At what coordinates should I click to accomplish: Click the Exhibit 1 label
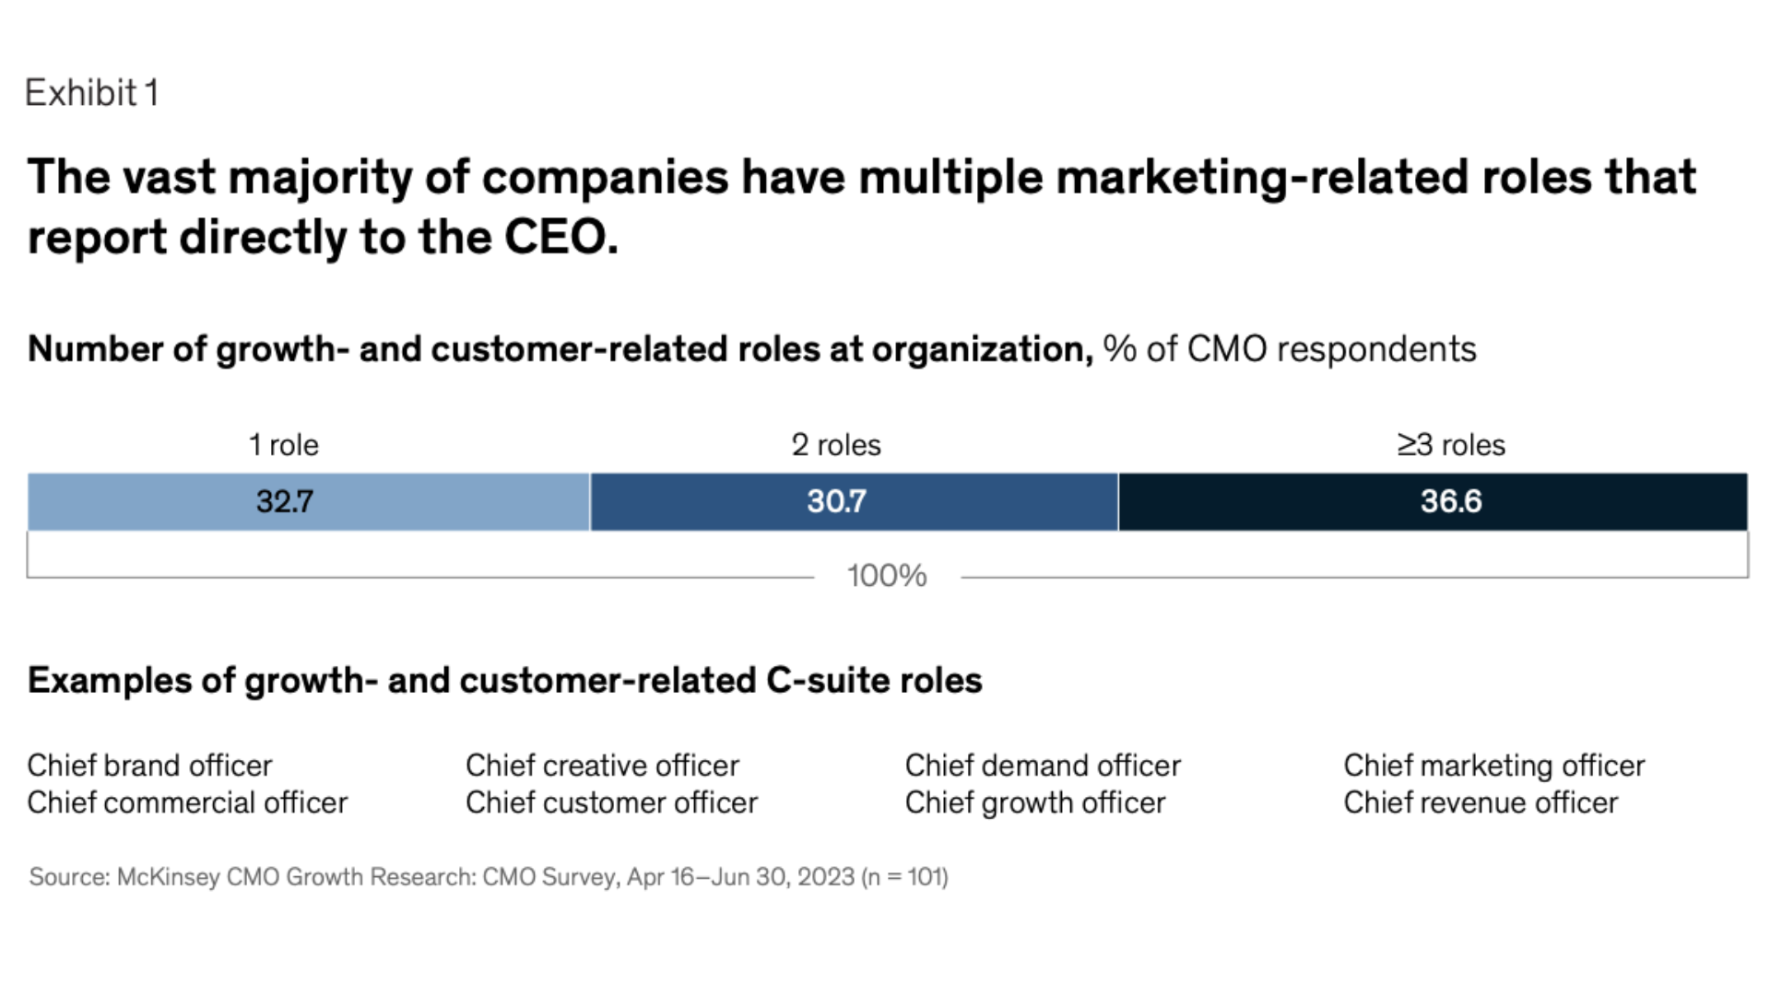click(x=91, y=93)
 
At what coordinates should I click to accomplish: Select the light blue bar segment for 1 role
click(x=308, y=502)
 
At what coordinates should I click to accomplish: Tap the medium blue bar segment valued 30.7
click(x=854, y=502)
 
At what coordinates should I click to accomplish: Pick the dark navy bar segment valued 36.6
click(x=1433, y=502)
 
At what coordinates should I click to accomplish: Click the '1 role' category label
click(x=283, y=445)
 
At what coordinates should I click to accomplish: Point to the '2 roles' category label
click(x=835, y=445)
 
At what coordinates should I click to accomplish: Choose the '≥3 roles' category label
click(x=1450, y=445)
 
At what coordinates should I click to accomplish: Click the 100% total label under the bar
click(x=887, y=576)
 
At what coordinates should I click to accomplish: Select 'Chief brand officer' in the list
click(x=149, y=766)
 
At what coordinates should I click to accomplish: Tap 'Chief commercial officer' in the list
click(x=187, y=802)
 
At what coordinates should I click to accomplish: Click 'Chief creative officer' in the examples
click(x=602, y=766)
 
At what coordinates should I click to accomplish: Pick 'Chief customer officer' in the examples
click(x=611, y=802)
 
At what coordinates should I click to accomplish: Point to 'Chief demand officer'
click(x=1043, y=766)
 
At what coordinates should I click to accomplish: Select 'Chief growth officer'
click(x=1034, y=802)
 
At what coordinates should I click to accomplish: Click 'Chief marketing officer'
click(x=1493, y=766)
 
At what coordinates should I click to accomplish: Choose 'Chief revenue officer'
click(x=1480, y=802)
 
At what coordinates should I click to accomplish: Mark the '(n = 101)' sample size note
click(x=904, y=876)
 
